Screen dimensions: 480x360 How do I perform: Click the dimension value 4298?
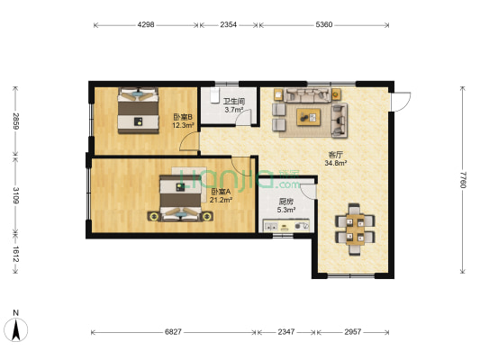(x=146, y=25)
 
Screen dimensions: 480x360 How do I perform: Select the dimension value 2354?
(x=229, y=25)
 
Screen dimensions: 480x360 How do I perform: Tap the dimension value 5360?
(x=324, y=25)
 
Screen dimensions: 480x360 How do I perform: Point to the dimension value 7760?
(x=463, y=179)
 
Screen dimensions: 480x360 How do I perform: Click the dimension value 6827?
(x=173, y=332)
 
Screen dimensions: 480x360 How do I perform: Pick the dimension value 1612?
(x=15, y=254)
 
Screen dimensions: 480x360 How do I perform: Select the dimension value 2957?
(x=353, y=332)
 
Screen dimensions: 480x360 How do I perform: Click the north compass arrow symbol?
(x=16, y=329)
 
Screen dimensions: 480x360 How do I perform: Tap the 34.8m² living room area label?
(x=336, y=163)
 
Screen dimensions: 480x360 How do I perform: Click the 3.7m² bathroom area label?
(x=234, y=110)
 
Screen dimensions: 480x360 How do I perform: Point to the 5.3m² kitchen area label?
(x=285, y=210)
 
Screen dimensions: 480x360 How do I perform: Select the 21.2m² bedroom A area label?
(x=221, y=200)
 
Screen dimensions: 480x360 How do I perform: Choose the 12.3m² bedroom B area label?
(x=184, y=125)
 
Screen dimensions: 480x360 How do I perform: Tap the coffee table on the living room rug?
(x=309, y=117)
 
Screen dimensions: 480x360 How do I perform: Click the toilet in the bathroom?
(x=214, y=94)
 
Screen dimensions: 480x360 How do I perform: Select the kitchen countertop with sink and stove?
(x=285, y=226)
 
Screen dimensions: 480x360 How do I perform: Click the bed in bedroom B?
(x=139, y=111)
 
